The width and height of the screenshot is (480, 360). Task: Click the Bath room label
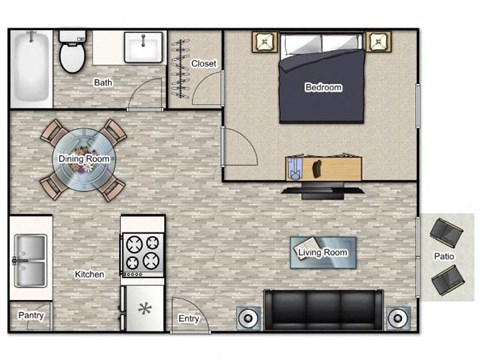point(103,82)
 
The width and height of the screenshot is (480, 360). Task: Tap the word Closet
point(204,63)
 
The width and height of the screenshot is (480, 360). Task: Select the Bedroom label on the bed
point(324,87)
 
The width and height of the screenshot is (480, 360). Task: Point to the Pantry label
point(31,315)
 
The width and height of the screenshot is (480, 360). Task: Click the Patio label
point(444,256)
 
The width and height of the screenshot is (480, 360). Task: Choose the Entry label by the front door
point(189,319)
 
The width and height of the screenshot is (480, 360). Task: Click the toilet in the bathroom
point(72,52)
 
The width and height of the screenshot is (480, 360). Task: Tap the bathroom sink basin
point(144,47)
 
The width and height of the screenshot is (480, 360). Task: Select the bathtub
point(31,68)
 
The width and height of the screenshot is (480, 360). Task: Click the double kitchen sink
point(30,261)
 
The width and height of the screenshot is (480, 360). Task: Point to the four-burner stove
point(143,255)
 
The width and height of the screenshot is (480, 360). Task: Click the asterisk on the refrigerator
point(145,309)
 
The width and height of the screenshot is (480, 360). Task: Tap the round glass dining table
point(84,160)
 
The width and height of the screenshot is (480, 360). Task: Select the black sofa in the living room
point(323,310)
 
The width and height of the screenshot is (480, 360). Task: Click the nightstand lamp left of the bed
point(265,42)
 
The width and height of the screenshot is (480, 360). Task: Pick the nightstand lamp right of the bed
point(378,42)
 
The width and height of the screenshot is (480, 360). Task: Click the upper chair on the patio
point(446,232)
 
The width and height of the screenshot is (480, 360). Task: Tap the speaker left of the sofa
point(249,318)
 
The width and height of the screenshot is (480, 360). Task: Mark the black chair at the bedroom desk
point(317,168)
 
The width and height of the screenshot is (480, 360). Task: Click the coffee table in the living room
point(323,252)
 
